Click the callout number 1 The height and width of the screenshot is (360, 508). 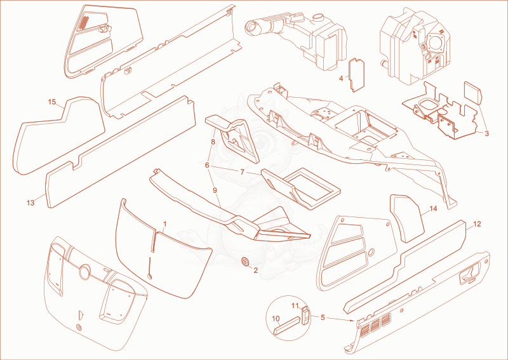[x=164, y=223]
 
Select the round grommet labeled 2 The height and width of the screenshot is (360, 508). [x=246, y=261]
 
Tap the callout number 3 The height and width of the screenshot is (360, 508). [x=486, y=133]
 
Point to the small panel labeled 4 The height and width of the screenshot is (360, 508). [x=356, y=75]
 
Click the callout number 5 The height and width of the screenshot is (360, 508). [x=323, y=317]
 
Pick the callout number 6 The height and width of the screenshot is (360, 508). [x=207, y=165]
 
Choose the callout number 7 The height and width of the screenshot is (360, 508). [x=243, y=172]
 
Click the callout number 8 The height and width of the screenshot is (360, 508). [x=213, y=142]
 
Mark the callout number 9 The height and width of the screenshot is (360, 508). [x=215, y=190]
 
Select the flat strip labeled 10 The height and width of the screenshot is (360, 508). [x=287, y=326]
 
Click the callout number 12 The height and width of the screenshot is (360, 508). [x=477, y=224]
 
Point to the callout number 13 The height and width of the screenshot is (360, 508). [x=30, y=203]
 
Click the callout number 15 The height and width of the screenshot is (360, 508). [x=52, y=102]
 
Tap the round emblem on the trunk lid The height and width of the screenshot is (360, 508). [x=85, y=270]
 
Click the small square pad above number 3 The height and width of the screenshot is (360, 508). [x=472, y=92]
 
